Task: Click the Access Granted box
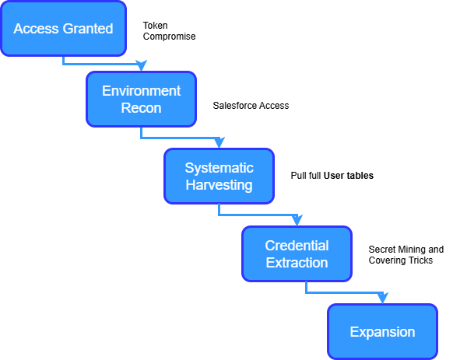[x=63, y=29]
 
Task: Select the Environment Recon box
[x=141, y=99]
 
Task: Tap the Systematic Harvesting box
[x=219, y=177]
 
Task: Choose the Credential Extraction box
[x=297, y=254]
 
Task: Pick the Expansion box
[x=382, y=332]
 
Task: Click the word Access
[x=35, y=29]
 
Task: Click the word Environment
[x=141, y=90]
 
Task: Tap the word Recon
[x=141, y=108]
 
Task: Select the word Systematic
[x=219, y=168]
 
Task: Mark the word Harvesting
[x=219, y=186]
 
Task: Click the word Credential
[x=297, y=246]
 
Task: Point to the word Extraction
[x=297, y=263]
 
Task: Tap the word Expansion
[x=382, y=332]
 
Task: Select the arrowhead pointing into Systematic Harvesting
[x=219, y=143]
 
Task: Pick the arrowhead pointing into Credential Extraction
[x=297, y=221]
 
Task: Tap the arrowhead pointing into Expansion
[x=381, y=299]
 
